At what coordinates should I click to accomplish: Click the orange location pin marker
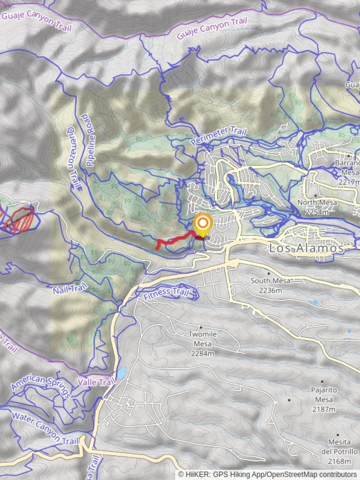click(203, 224)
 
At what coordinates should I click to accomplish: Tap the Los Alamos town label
click(306, 248)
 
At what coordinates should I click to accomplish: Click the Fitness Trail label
click(166, 292)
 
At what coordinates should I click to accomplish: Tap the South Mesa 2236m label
click(269, 285)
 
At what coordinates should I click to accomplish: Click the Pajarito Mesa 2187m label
click(323, 399)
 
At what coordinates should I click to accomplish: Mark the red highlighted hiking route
click(176, 240)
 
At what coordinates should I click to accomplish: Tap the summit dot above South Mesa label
click(269, 273)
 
